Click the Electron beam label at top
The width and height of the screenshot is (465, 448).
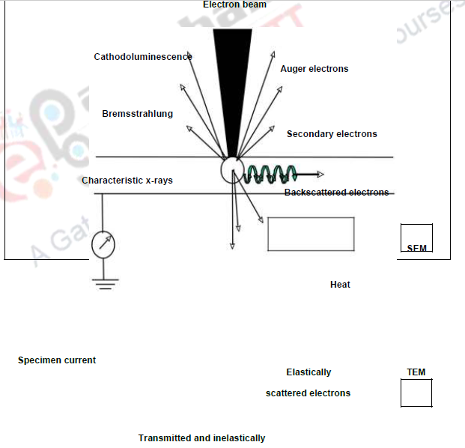coord(234,4)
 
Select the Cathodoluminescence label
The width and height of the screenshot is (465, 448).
coord(143,57)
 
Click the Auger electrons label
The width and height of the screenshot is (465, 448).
coord(314,69)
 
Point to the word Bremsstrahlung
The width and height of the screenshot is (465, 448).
coord(138,114)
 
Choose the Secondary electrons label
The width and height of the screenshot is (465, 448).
coord(332,134)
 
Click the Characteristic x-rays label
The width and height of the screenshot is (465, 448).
coord(127,181)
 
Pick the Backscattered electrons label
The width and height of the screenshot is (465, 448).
coord(336,193)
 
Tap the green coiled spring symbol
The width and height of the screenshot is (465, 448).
coord(272,175)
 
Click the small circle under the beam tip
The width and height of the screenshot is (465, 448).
coord(233,171)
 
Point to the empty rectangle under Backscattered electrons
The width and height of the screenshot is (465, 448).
coord(311,234)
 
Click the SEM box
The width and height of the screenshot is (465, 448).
coord(416,239)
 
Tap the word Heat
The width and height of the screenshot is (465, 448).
coord(340,285)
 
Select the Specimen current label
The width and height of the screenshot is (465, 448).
coord(57,360)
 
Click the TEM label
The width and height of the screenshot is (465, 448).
coord(416,372)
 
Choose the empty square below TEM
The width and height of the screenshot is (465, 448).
coord(416,393)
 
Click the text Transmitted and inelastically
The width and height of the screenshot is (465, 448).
coord(201,438)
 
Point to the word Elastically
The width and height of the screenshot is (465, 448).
coord(309,372)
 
